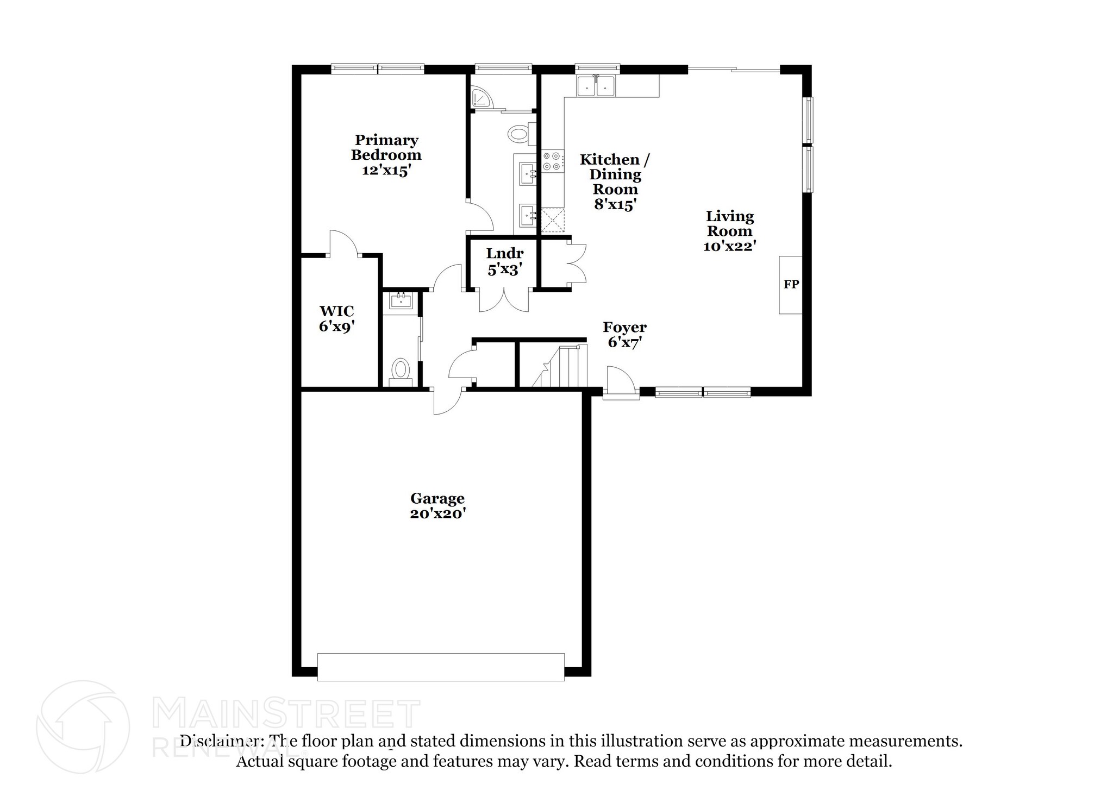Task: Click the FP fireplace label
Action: [x=791, y=284]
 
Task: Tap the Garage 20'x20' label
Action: [x=437, y=506]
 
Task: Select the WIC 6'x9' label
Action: [x=337, y=319]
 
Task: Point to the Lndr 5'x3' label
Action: [x=505, y=261]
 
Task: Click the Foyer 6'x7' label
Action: [x=624, y=335]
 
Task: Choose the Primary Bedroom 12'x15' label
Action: [x=386, y=155]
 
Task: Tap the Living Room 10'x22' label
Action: [x=730, y=231]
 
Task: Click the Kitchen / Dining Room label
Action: [x=615, y=181]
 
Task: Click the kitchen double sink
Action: [x=596, y=86]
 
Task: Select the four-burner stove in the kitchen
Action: [x=552, y=161]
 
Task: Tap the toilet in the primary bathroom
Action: [x=520, y=133]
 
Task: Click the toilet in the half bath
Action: [x=401, y=370]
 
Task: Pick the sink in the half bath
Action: [x=401, y=300]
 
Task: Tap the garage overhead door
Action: [x=441, y=667]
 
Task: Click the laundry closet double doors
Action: [x=504, y=302]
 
